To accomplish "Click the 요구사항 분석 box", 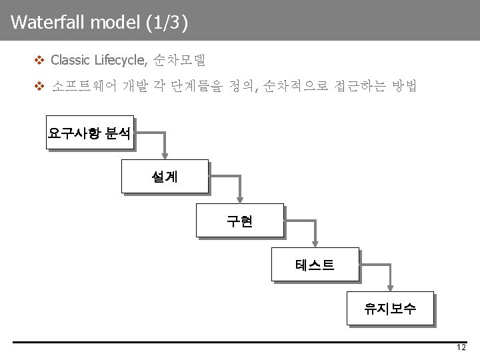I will coord(89,133).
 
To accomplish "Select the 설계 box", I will coord(164,177).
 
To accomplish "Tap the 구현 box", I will coord(239,221).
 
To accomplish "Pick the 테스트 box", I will coord(315,265).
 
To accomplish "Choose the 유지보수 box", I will coord(389,308).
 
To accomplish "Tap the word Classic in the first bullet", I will coord(71,60).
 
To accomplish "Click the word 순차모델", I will coord(179,60).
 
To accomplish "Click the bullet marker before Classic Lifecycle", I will coord(39,60).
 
